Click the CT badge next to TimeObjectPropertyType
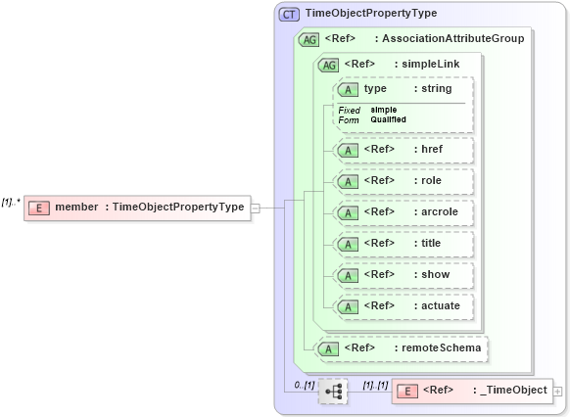click(290, 14)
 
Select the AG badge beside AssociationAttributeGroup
click(309, 39)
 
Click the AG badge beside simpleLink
click(328, 65)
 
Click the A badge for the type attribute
click(347, 89)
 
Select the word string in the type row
click(436, 89)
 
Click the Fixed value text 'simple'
click(383, 110)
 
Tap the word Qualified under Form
click(388, 119)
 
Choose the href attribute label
click(432, 150)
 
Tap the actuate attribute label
click(439, 306)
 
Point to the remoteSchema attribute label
click(438, 347)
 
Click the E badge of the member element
click(38, 207)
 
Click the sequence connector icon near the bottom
click(333, 391)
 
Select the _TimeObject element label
click(512, 391)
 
